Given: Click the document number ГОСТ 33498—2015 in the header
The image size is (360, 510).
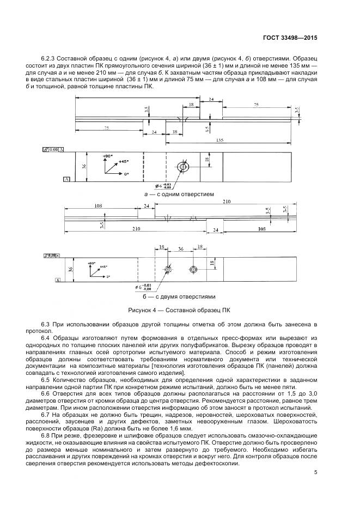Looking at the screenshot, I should (x=291, y=38).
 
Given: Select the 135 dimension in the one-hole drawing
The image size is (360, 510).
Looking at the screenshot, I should (x=220, y=140).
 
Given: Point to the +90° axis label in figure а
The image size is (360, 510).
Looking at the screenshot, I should (x=107, y=156).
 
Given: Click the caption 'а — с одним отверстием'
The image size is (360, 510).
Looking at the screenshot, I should (x=179, y=194).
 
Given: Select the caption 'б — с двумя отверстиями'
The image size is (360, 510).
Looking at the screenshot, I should (x=179, y=297).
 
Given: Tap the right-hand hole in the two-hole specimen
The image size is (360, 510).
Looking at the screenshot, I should (x=193, y=270).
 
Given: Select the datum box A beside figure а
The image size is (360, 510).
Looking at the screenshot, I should (x=66, y=179).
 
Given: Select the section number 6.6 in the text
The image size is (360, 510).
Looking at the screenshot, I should (x=45, y=393).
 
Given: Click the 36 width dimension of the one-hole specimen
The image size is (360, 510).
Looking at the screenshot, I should (x=84, y=167).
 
